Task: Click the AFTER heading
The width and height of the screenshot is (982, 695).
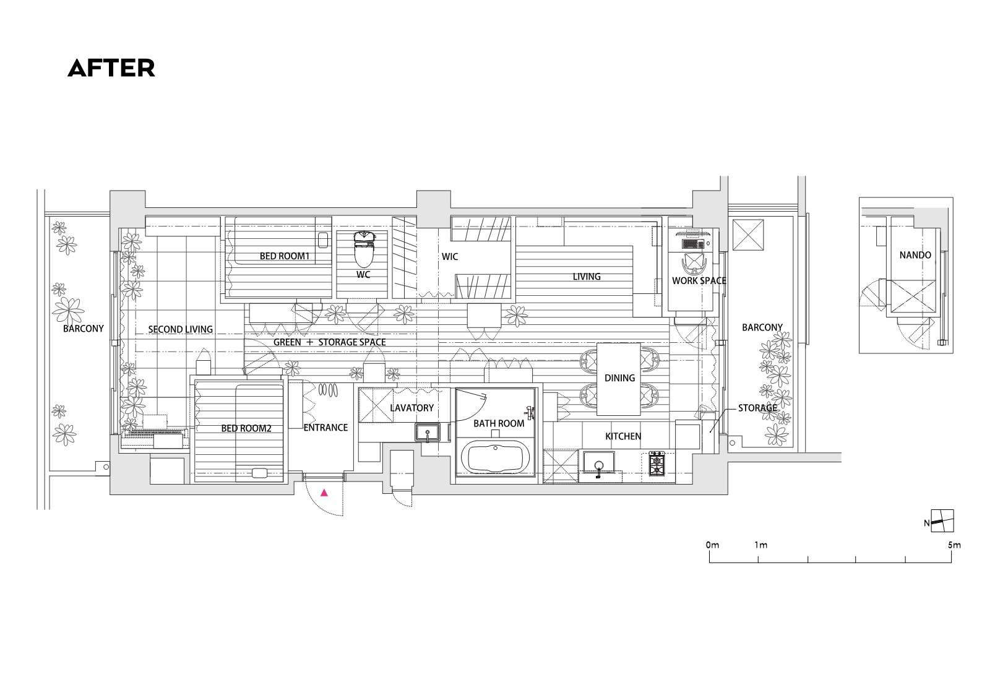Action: [111, 69]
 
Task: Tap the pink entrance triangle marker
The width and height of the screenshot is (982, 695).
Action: [324, 493]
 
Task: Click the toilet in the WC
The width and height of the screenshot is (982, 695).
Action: [363, 250]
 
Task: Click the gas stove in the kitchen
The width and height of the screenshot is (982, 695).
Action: [657, 464]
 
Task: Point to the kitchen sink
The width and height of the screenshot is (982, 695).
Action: [599, 463]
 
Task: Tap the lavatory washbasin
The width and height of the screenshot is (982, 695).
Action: [428, 433]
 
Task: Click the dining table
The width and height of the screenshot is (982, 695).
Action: [619, 379]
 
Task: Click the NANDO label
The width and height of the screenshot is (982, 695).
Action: [915, 255]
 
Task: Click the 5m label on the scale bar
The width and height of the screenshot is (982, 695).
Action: [954, 545]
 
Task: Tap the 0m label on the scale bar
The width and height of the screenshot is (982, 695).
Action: [712, 545]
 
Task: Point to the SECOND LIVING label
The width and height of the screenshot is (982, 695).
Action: [180, 329]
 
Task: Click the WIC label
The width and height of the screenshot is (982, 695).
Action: [450, 256]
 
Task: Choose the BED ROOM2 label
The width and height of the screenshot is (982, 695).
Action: [246, 428]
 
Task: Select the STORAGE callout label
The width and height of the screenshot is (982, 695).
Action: [757, 408]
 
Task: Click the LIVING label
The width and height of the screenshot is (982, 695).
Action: [587, 277]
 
